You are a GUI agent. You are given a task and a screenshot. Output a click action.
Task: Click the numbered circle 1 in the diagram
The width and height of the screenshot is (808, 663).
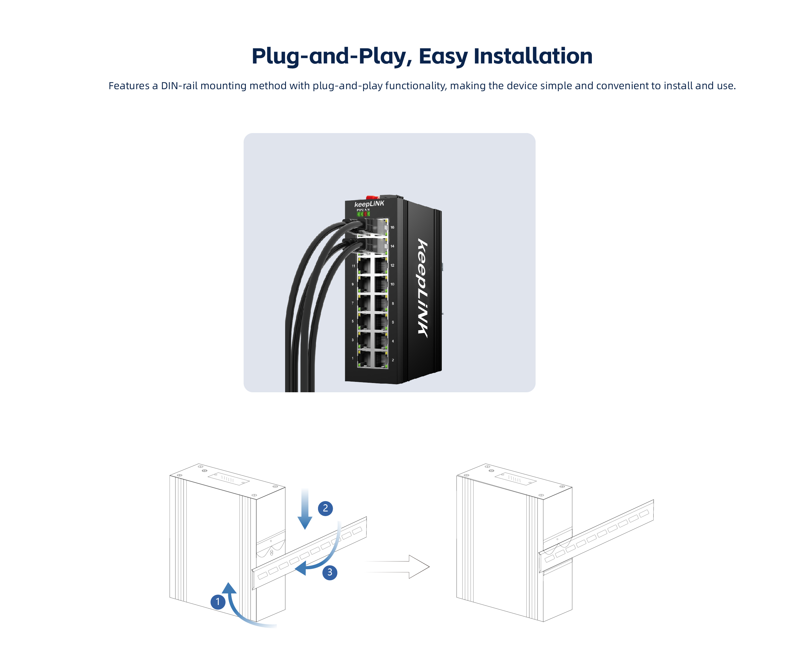coord(218,602)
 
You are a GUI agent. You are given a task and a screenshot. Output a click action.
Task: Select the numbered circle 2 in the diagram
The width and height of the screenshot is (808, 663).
coord(325,508)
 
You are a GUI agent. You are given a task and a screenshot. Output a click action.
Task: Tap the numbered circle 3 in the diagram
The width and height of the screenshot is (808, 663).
coord(330,572)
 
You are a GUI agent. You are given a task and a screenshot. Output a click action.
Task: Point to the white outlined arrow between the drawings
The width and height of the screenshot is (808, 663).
coord(397,567)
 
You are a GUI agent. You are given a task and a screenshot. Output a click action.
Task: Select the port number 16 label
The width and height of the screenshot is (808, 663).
coord(392,227)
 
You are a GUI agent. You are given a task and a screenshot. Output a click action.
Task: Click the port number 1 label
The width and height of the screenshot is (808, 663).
coord(352,358)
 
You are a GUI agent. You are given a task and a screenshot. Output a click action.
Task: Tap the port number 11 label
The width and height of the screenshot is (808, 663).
coord(353,266)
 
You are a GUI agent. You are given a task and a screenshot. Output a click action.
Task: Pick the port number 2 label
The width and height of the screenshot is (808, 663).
coord(392,360)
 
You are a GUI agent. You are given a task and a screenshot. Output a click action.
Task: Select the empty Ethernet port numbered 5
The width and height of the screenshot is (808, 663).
coord(364,322)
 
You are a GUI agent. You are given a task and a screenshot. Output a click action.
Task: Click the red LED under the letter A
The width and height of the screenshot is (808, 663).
coord(365,214)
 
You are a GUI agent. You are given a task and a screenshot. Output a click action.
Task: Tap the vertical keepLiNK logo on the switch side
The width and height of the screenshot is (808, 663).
coord(422,288)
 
